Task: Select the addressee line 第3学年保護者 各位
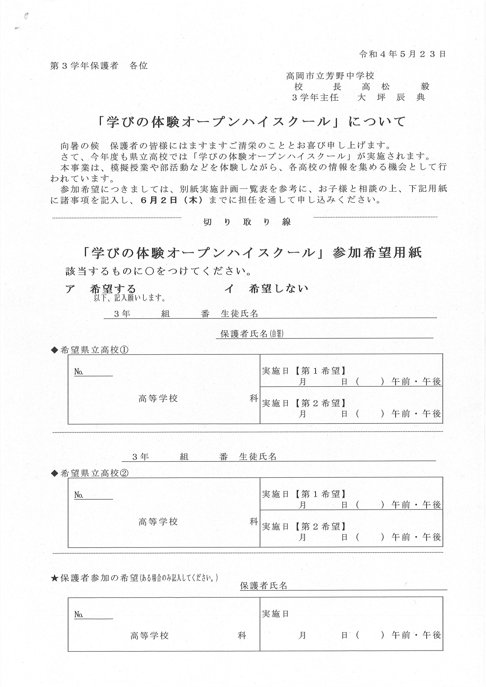click(99, 66)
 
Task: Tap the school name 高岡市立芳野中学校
click(330, 76)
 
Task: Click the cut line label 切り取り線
click(247, 222)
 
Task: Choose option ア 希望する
click(101, 289)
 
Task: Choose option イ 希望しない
click(266, 289)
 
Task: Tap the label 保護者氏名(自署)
click(252, 334)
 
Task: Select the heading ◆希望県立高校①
click(90, 350)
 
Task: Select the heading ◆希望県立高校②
click(90, 473)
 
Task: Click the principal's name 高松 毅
click(395, 87)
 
